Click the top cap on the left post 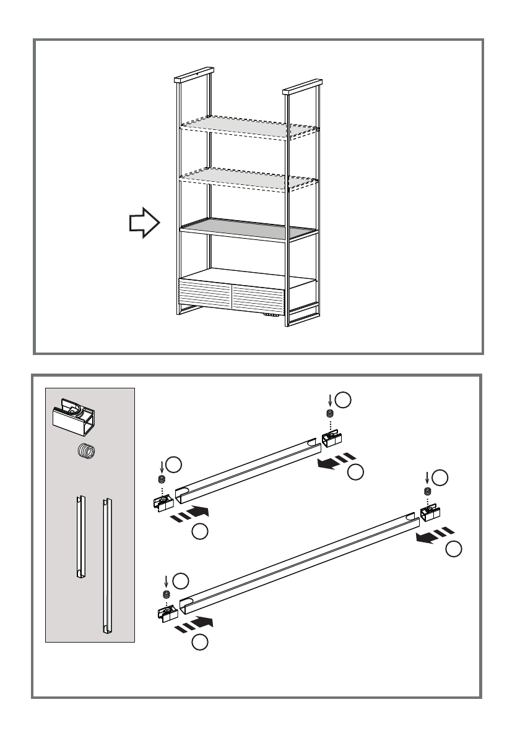tap(194, 77)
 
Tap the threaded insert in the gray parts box tap(87, 452)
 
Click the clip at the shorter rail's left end tap(162, 500)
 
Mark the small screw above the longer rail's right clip tap(427, 491)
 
